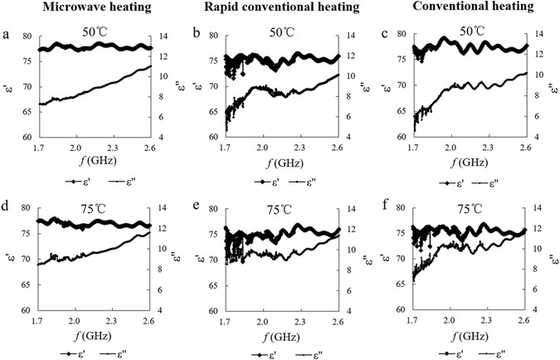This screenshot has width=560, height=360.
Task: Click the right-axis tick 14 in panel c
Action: point(538,36)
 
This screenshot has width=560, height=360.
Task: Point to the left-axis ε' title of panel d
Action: point(10,256)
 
